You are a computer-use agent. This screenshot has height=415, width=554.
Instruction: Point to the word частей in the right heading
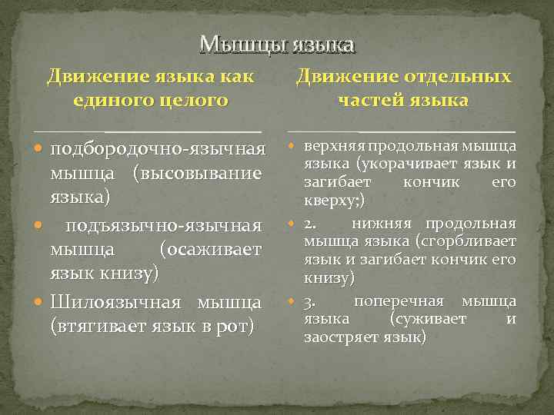[x=367, y=100]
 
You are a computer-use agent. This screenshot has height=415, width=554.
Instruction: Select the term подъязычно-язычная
[x=165, y=225]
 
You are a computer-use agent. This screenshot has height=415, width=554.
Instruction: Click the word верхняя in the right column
[x=334, y=146]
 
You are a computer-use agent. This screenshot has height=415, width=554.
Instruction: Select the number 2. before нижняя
[x=310, y=224]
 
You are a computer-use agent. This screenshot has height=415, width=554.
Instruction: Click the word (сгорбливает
[x=469, y=242]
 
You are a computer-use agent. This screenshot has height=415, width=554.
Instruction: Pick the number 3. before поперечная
[x=310, y=300]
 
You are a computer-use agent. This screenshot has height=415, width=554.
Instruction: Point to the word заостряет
[x=335, y=337]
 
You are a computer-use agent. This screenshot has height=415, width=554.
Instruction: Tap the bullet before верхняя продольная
[x=292, y=147]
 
